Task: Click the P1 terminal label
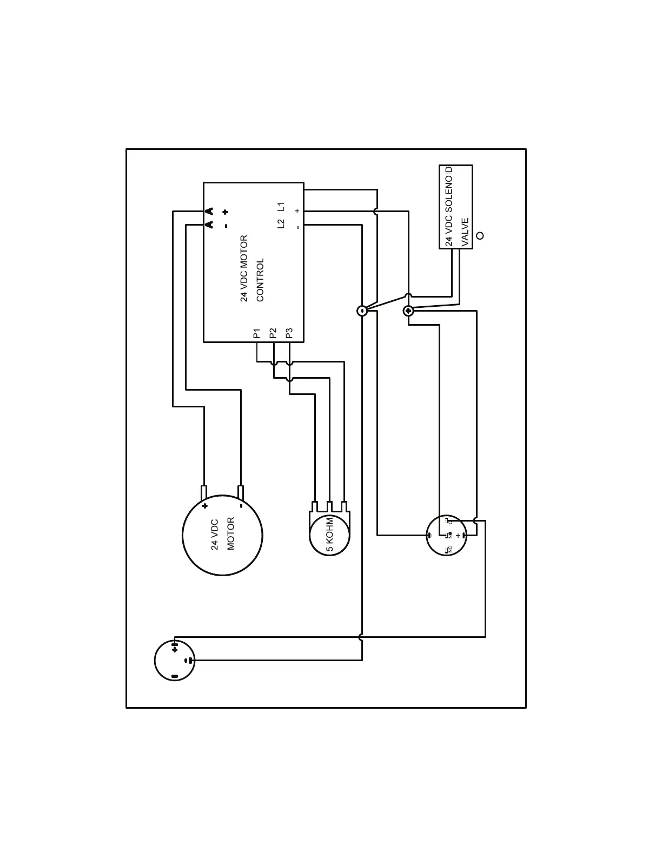pyautogui.click(x=257, y=333)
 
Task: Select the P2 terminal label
pyautogui.click(x=273, y=333)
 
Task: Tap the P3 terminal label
pyautogui.click(x=289, y=333)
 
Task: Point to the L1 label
pyautogui.click(x=281, y=207)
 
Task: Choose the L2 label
pyautogui.click(x=281, y=223)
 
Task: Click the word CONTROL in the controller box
pyautogui.click(x=260, y=280)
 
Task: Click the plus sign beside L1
pyautogui.click(x=297, y=210)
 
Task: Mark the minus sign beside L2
pyautogui.click(x=297, y=227)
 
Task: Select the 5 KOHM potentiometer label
pyautogui.click(x=329, y=535)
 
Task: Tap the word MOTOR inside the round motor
pyautogui.click(x=231, y=534)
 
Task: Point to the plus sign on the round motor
pyautogui.click(x=204, y=506)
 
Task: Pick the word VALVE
pyautogui.click(x=465, y=232)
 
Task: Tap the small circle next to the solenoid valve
pyautogui.click(x=479, y=236)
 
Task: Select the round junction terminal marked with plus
pyautogui.click(x=408, y=311)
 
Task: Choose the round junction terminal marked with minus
pyautogui.click(x=362, y=311)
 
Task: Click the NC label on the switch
pyautogui.click(x=448, y=550)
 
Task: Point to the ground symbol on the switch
pyautogui.click(x=431, y=535)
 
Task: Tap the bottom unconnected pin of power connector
pyautogui.click(x=174, y=676)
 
